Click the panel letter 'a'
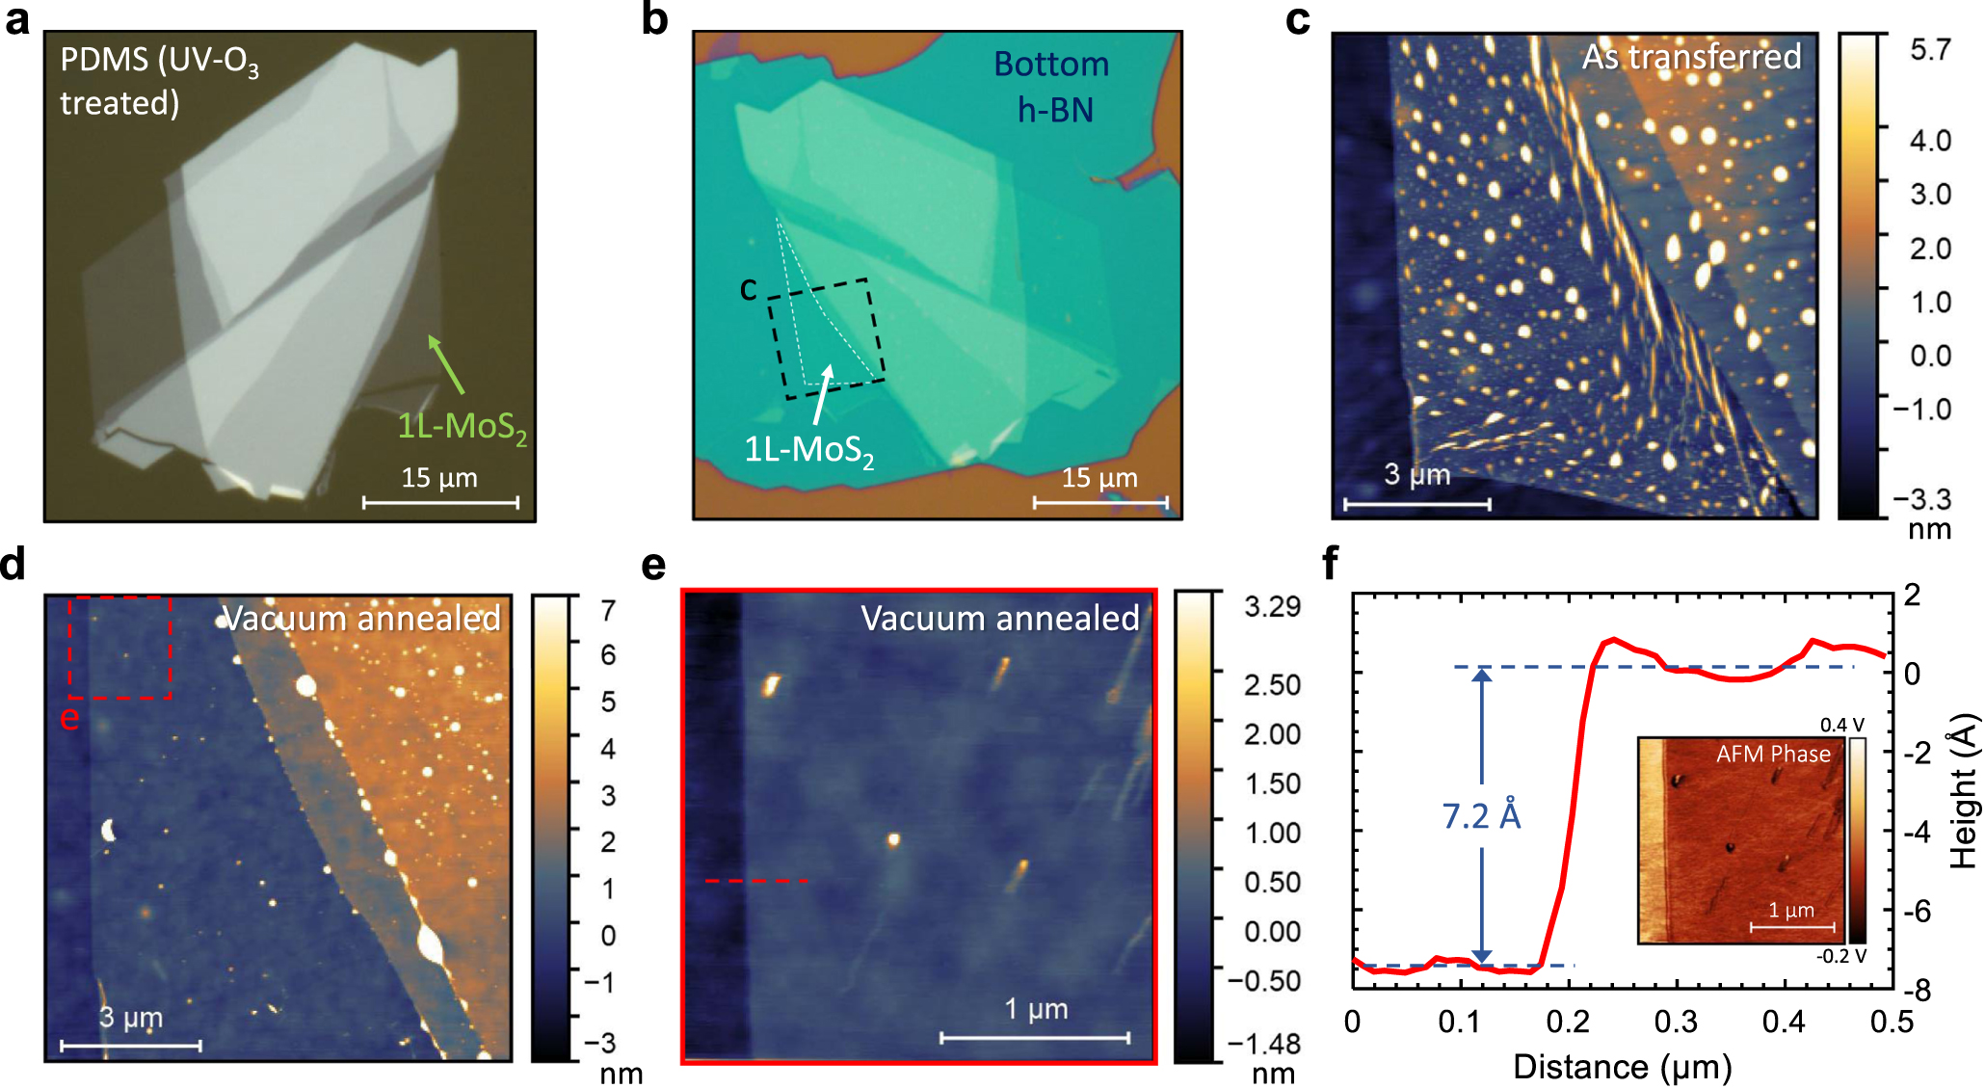click(x=17, y=19)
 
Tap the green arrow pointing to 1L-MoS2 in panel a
click(x=446, y=364)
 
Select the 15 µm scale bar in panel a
click(x=440, y=502)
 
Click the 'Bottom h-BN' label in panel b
click(x=1052, y=87)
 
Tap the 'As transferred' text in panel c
click(x=1691, y=57)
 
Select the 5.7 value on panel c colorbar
click(x=1930, y=51)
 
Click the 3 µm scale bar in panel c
click(x=1416, y=503)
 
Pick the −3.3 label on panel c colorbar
click(x=1921, y=499)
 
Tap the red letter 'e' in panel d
click(x=69, y=718)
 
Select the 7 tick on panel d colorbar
click(x=608, y=611)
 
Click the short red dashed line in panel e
click(x=756, y=881)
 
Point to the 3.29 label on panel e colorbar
click(x=1272, y=607)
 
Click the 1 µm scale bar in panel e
click(x=1035, y=1037)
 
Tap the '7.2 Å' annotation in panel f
click(x=1481, y=816)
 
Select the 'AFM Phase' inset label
click(x=1772, y=754)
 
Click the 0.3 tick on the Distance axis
click(x=1676, y=1022)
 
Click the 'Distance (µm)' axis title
click(x=1622, y=1067)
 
